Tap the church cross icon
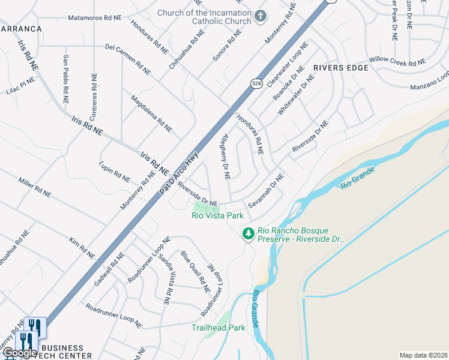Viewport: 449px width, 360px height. coord(261,15)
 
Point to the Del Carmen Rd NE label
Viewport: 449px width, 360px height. coord(127,59)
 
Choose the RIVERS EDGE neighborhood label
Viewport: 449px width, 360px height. coord(340,68)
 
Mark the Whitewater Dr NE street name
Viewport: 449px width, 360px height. coord(296,95)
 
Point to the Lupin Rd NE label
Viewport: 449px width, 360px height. coord(115,170)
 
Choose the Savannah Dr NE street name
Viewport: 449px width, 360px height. coord(266,191)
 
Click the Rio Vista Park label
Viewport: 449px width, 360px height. coord(217,215)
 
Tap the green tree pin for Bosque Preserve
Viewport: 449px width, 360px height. coord(247,233)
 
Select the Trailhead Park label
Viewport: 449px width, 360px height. coord(218,328)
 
